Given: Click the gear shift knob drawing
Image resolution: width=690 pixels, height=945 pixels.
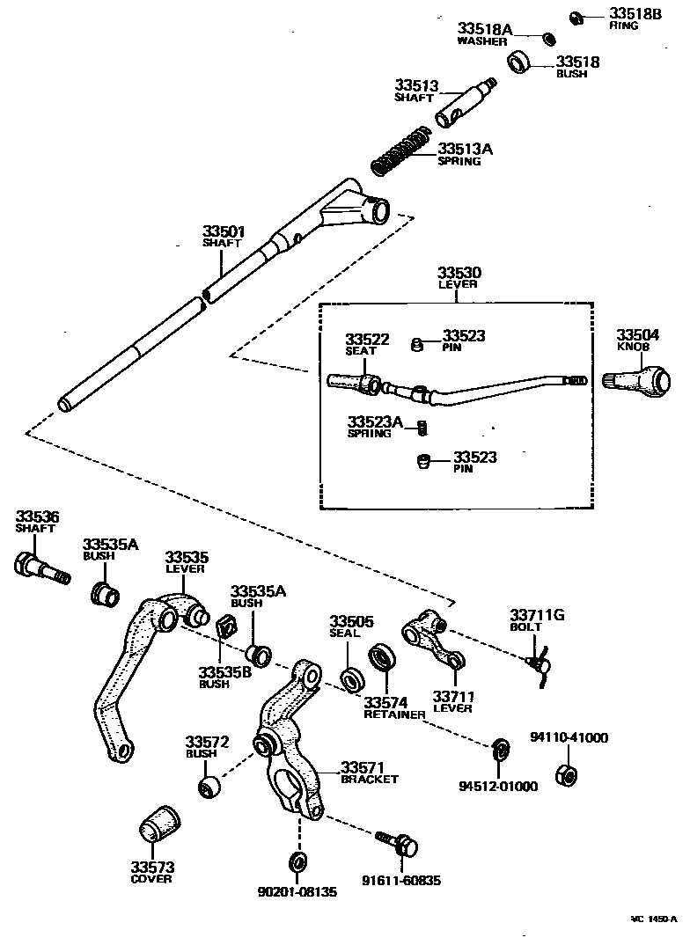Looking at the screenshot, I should pyautogui.click(x=641, y=381).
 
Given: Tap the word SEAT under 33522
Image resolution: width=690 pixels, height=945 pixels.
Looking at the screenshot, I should pyautogui.click(x=361, y=351).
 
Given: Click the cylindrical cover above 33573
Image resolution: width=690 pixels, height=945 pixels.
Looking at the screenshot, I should pyautogui.click(x=158, y=824).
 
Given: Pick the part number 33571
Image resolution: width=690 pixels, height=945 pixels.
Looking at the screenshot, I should pyautogui.click(x=363, y=766).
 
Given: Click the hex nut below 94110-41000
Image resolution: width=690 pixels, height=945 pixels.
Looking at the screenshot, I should pyautogui.click(x=566, y=775).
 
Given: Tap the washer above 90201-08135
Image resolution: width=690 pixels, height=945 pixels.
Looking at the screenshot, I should pyautogui.click(x=297, y=858).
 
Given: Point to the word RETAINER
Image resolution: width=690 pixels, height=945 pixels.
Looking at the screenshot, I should pyautogui.click(x=394, y=714).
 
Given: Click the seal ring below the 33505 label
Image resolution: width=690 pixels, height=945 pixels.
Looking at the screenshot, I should pyautogui.click(x=352, y=678).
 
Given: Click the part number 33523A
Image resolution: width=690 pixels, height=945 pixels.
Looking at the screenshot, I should pyautogui.click(x=374, y=423).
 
